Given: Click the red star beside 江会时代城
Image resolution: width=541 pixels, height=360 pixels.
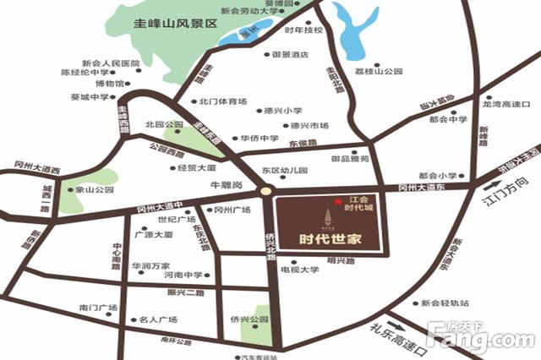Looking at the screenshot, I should tap(337, 201).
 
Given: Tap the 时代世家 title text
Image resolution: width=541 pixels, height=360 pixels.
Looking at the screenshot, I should tap(331, 237).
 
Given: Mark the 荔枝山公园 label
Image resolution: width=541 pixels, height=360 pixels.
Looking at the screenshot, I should tap(379, 73).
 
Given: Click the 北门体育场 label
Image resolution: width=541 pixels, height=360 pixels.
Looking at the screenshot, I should tap(223, 101).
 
